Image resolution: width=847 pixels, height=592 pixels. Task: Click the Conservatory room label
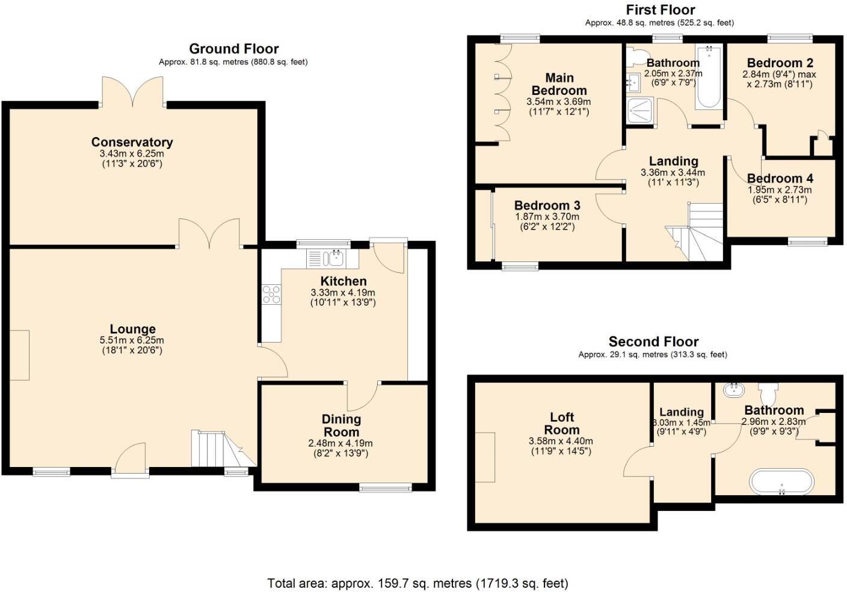[132, 142]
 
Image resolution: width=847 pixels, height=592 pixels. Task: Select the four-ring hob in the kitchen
[271, 294]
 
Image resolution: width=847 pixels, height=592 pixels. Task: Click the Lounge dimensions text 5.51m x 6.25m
[132, 340]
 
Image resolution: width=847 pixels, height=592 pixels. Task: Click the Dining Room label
[341, 426]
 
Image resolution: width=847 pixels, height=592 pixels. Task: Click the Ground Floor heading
[233, 49]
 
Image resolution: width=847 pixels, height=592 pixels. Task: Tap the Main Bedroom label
[559, 84]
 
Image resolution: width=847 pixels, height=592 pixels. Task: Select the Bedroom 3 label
[547, 206]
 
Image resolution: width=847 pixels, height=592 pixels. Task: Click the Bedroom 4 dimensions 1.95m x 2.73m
[779, 190]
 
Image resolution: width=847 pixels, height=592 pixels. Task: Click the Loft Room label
[562, 423]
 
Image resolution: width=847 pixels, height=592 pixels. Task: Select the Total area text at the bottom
[417, 583]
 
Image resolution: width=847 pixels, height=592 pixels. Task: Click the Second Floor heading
[653, 342]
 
